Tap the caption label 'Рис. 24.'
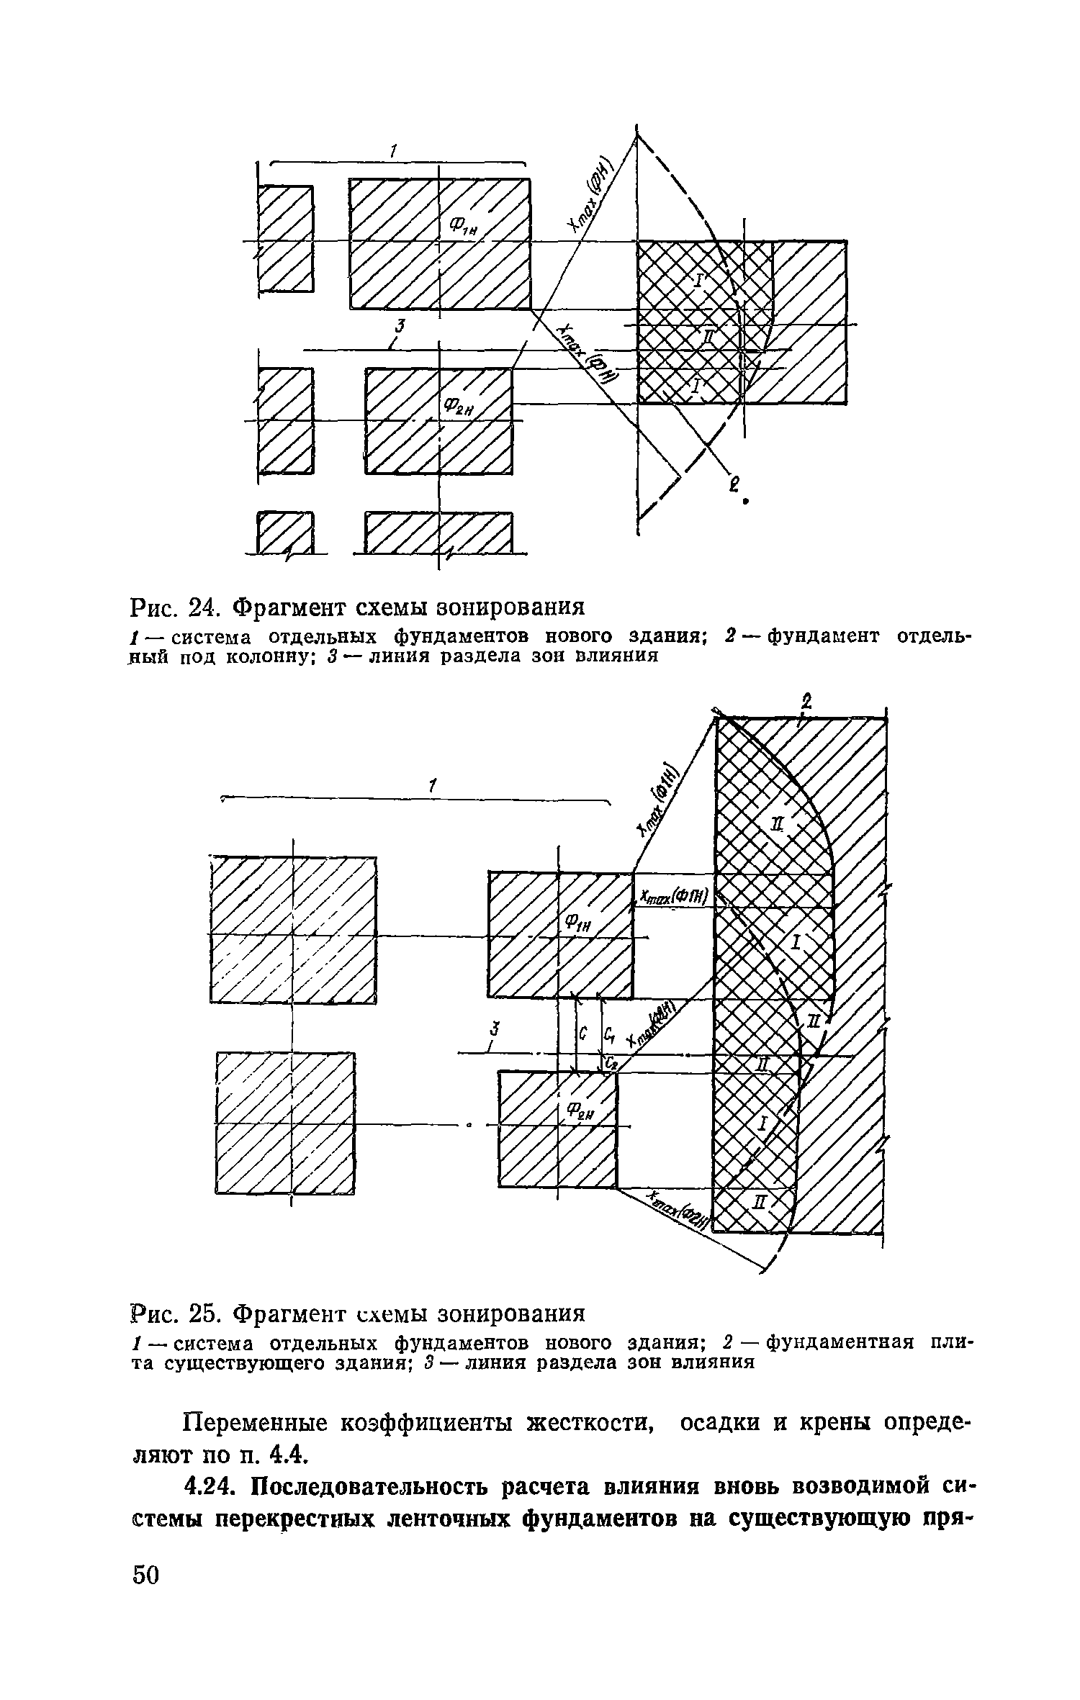click(x=176, y=607)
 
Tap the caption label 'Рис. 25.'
click(x=176, y=1314)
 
